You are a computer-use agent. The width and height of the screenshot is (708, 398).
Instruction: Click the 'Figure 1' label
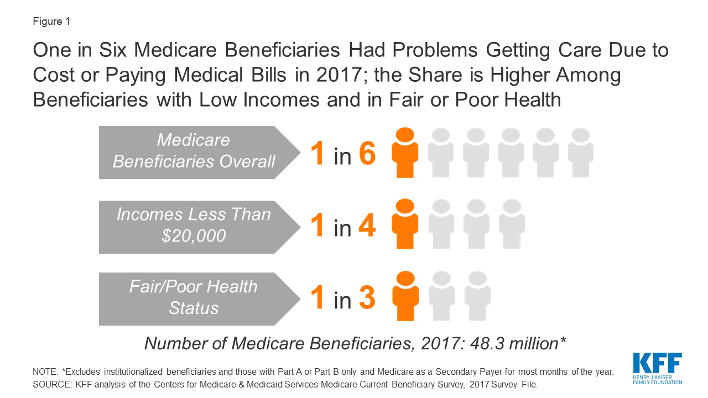coord(51,22)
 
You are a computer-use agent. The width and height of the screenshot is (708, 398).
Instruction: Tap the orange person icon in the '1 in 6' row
coord(405,154)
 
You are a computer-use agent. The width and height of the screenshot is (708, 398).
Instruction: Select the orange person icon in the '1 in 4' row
coord(405,224)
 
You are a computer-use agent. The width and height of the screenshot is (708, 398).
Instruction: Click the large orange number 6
coord(368,154)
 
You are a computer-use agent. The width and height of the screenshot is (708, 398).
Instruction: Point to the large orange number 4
coord(368,226)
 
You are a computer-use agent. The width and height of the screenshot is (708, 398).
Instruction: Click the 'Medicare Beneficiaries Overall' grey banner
coord(194,153)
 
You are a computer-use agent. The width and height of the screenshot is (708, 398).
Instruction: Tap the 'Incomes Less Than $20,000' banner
coord(194,227)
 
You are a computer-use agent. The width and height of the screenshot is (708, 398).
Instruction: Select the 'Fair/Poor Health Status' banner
coord(194,298)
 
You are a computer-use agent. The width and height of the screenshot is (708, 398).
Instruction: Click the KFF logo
coord(657,368)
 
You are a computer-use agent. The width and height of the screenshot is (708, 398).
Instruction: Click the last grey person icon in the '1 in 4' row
coord(511,224)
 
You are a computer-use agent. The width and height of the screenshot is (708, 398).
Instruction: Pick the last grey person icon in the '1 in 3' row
coord(477,296)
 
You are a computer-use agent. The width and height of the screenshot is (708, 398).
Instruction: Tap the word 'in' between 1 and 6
coord(342,157)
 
